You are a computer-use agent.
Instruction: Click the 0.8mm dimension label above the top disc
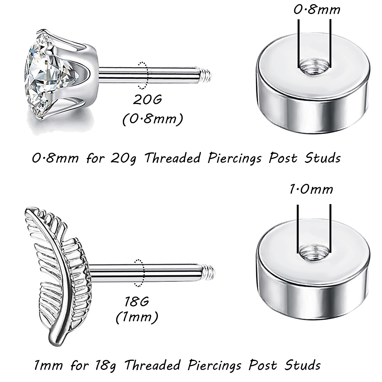pos(317,10)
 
